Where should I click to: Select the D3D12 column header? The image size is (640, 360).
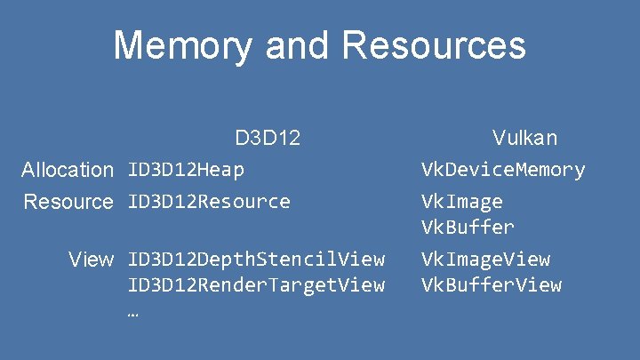268,138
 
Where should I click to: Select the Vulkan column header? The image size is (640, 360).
524,138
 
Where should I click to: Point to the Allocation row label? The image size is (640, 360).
68,169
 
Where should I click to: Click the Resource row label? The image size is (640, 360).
68,202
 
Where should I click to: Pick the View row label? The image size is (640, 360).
92,260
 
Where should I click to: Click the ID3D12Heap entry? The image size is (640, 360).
186,169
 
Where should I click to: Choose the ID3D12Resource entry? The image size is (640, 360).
209,202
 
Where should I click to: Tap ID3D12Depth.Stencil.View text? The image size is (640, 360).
256,260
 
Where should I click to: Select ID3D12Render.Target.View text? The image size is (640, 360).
256,285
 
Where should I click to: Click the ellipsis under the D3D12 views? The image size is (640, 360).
133,313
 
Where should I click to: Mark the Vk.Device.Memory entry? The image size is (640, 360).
502,169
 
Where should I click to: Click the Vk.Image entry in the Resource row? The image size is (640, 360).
461,202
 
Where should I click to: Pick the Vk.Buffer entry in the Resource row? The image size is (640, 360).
467,227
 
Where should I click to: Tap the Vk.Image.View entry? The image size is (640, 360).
485,260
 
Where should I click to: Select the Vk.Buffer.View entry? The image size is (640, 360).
491,285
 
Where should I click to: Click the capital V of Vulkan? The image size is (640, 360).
500,138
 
